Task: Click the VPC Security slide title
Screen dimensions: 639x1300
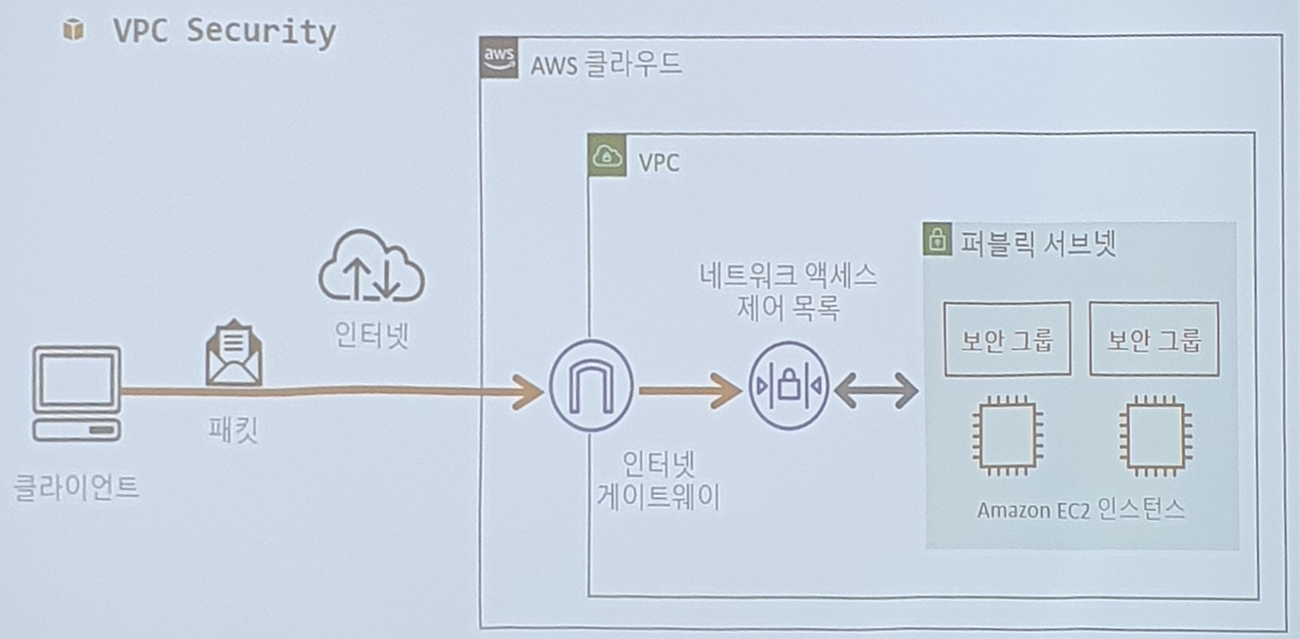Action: coord(224,32)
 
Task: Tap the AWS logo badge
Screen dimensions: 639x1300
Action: coord(499,59)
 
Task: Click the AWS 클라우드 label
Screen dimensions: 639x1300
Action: coord(607,63)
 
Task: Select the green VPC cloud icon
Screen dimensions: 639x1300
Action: coord(607,157)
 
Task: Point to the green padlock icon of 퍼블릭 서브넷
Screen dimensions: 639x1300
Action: coord(935,240)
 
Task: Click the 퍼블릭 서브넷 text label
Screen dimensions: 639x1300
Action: coord(1038,243)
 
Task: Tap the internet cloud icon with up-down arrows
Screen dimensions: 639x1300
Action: coord(371,265)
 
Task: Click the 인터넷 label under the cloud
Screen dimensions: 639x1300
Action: coord(372,335)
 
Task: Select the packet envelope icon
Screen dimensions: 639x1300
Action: coord(234,353)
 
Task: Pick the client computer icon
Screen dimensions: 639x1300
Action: coord(77,393)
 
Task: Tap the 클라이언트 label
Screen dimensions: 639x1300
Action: coord(77,487)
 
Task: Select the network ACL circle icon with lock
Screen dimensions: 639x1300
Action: coord(788,387)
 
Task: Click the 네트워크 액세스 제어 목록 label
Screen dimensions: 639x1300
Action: coord(788,292)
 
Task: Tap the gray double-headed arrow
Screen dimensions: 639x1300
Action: coord(876,390)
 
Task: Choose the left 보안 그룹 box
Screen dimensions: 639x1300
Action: coord(1006,339)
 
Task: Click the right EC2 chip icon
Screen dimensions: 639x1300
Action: coord(1154,437)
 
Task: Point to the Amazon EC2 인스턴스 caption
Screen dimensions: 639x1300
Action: coord(1081,510)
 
